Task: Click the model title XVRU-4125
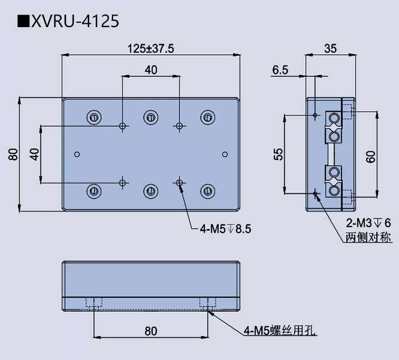tap(75, 21)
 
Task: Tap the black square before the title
tap(23, 22)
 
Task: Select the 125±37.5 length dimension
tap(151, 48)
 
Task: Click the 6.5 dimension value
tap(280, 70)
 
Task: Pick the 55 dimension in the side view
tap(279, 153)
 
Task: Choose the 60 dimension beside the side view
tap(371, 156)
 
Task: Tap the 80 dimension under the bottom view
tap(151, 331)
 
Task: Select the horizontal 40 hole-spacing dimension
tap(151, 70)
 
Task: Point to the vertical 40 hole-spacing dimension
tap(34, 154)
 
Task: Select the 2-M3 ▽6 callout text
tap(367, 223)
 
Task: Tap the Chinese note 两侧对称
tap(368, 238)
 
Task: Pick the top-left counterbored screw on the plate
tap(94, 117)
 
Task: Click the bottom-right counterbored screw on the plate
tap(208, 191)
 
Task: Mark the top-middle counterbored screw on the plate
tap(151, 117)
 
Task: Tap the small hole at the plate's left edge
tap(77, 153)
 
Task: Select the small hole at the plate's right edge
tap(224, 154)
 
